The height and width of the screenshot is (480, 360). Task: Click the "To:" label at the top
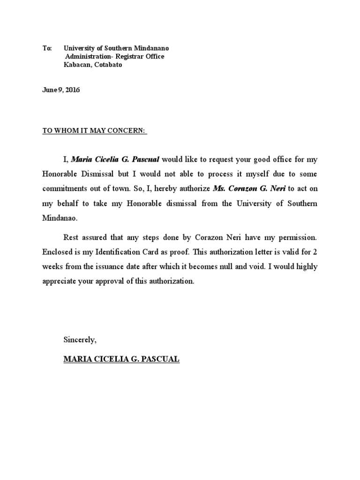point(46,48)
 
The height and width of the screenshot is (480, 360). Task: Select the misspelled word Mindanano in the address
point(150,48)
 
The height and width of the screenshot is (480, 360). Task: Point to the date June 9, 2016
point(61,90)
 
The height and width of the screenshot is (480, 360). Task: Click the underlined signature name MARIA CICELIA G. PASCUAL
point(121,360)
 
